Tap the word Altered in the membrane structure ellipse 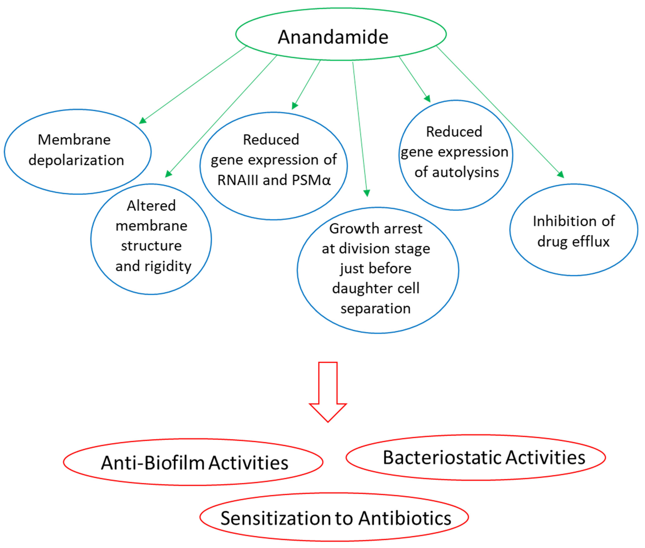[x=151, y=206]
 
